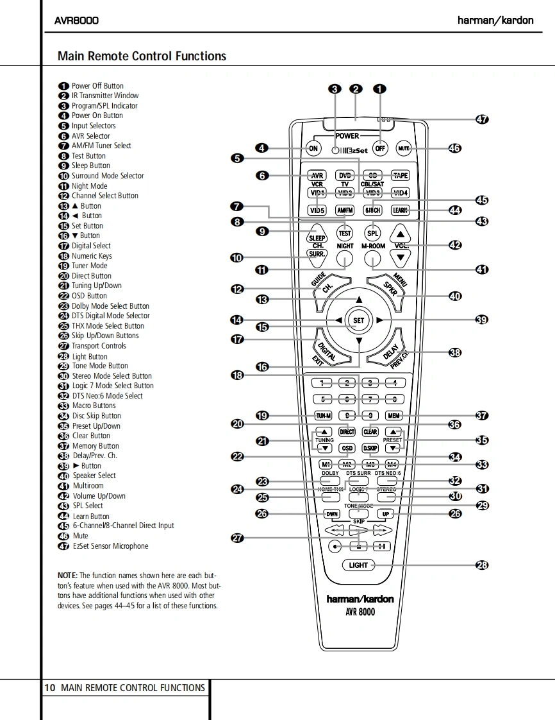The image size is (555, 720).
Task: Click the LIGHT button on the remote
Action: pyautogui.click(x=358, y=565)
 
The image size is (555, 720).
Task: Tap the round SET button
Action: pyautogui.click(x=358, y=320)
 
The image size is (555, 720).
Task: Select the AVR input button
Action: pyautogui.click(x=317, y=176)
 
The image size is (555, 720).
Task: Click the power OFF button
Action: pyautogui.click(x=380, y=148)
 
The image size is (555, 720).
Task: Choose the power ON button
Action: pyautogui.click(x=313, y=148)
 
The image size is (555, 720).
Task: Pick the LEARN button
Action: pyautogui.click(x=400, y=210)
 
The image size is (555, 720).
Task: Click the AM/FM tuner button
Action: pyautogui.click(x=345, y=210)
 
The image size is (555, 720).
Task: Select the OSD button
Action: pyautogui.click(x=347, y=449)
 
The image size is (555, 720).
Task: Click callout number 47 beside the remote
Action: pyautogui.click(x=482, y=119)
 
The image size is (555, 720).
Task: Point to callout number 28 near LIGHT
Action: pyautogui.click(x=482, y=565)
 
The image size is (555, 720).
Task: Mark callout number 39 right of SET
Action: pyautogui.click(x=482, y=320)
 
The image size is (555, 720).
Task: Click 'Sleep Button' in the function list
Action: pyautogui.click(x=90, y=166)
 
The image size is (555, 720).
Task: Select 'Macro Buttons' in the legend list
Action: pyautogui.click(x=94, y=406)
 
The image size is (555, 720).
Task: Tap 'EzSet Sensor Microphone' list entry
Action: pyautogui.click(x=110, y=546)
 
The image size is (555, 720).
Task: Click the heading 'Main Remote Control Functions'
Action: pyautogui.click(x=142, y=56)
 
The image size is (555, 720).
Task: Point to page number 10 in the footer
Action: pyautogui.click(x=49, y=688)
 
